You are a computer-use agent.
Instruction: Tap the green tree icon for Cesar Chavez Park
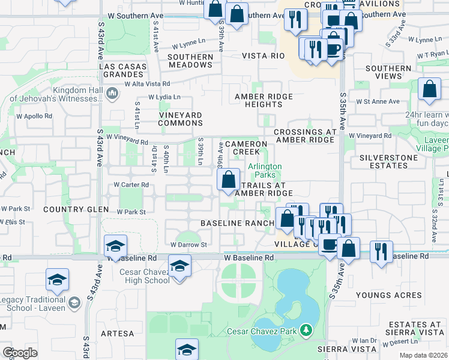click(306, 331)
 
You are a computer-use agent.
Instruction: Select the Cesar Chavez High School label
click(137, 276)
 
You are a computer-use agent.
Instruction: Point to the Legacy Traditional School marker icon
click(74, 303)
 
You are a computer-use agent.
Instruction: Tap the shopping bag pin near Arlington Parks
click(228, 179)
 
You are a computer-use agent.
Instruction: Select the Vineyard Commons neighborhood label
click(181, 118)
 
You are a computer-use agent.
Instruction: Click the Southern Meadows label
click(190, 61)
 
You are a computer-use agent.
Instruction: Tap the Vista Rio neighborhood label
click(263, 56)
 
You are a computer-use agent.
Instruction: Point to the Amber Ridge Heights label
click(264, 100)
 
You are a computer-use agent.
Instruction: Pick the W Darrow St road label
click(188, 245)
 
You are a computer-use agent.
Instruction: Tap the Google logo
click(20, 353)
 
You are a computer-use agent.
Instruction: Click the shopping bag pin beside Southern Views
click(430, 90)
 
